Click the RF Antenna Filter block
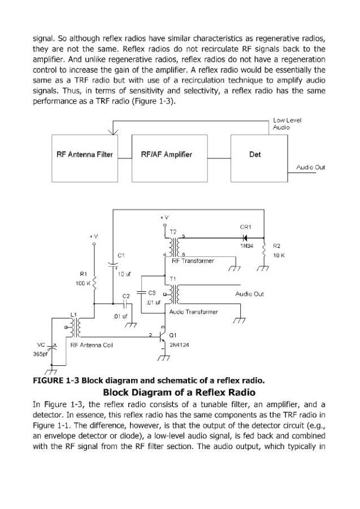pos(84,155)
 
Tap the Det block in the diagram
pos(254,155)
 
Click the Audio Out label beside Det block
pos(310,167)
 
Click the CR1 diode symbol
pos(246,237)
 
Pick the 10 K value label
pos(279,256)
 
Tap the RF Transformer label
pos(193,261)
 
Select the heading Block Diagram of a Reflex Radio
pos(180,392)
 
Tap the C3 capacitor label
pos(151,294)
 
